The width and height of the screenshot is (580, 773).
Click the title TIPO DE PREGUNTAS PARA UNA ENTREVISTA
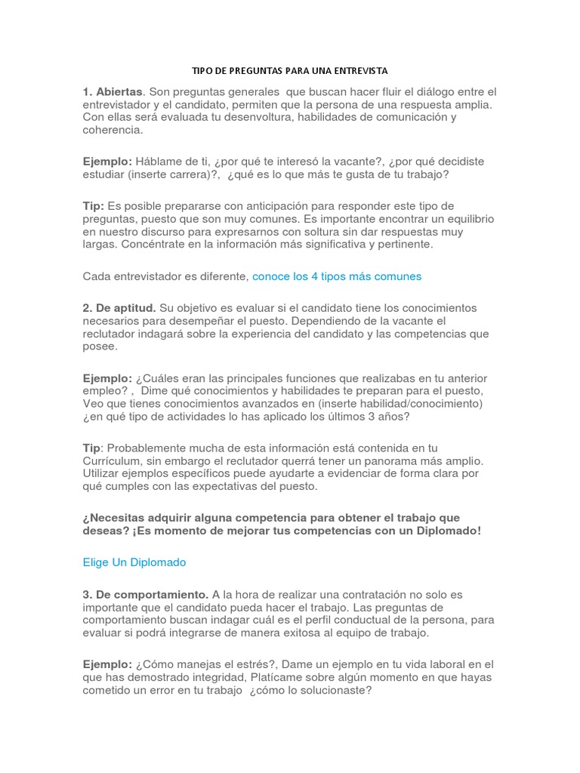[x=289, y=71]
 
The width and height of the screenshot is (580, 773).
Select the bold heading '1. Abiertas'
[x=113, y=91]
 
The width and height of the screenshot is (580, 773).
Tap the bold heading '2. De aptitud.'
[x=119, y=308]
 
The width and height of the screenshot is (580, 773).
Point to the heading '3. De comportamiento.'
[x=146, y=594]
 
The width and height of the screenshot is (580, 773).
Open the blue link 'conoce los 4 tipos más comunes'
[x=337, y=276]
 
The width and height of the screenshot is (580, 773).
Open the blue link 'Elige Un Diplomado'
[x=134, y=562]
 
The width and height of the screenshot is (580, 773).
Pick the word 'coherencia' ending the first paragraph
[x=111, y=130]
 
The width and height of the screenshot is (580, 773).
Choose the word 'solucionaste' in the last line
[x=335, y=689]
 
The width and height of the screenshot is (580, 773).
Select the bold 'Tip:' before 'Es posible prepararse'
[x=94, y=206]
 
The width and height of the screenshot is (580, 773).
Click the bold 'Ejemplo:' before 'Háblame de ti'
[x=107, y=162]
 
